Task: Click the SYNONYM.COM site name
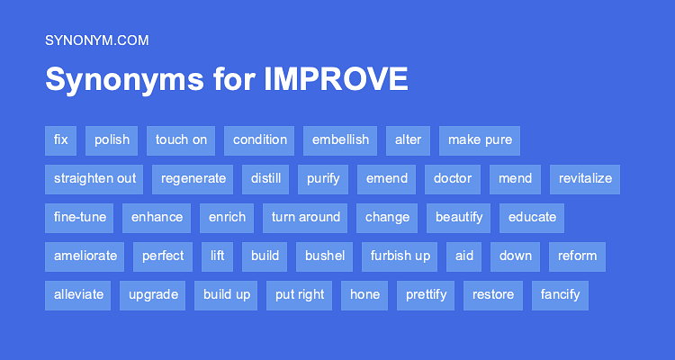(96, 40)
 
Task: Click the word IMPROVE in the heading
(336, 80)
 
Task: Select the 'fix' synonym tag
(60, 139)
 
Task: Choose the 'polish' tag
(112, 139)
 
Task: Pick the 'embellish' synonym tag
(340, 139)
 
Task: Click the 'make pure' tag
(480, 139)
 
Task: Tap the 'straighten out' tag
(94, 178)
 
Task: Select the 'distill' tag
(265, 178)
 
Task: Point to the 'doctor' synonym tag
(453, 178)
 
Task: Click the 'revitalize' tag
(585, 178)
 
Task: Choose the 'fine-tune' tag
(80, 217)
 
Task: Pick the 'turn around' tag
(306, 217)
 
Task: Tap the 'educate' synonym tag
(533, 217)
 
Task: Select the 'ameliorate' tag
(85, 256)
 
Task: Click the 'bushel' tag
(325, 256)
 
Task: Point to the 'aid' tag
(464, 256)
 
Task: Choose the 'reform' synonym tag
(577, 256)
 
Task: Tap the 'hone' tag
(364, 294)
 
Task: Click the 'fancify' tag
(561, 294)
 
